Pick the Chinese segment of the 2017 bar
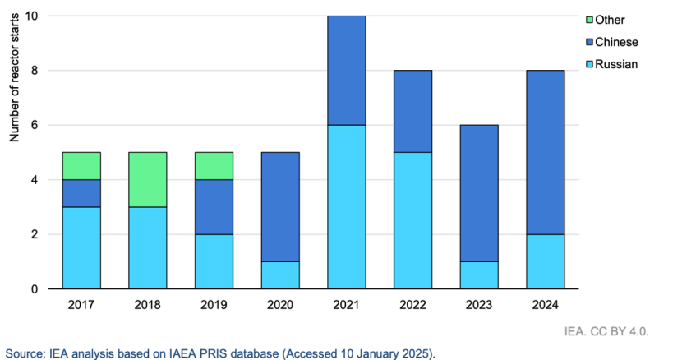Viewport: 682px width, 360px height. (x=81, y=193)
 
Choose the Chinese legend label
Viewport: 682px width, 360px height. (x=617, y=42)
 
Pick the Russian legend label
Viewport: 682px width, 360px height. (x=617, y=63)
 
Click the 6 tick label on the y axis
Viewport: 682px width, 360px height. (x=35, y=125)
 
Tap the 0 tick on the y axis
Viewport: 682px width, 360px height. (x=35, y=289)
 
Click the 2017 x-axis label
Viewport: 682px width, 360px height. (x=81, y=305)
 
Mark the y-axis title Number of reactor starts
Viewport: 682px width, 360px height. (x=14, y=82)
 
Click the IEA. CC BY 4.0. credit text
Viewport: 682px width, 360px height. (x=619, y=332)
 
